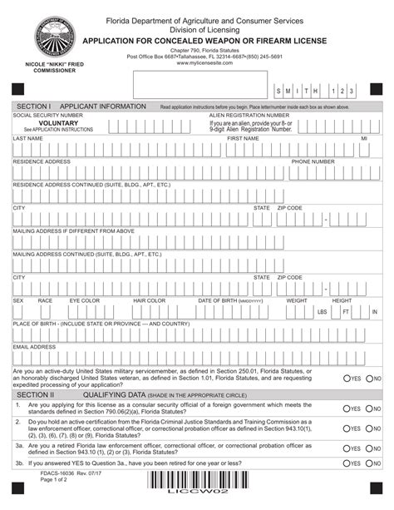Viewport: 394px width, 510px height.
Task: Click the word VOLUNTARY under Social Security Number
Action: (58, 122)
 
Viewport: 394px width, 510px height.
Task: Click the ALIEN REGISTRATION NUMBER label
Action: (249, 115)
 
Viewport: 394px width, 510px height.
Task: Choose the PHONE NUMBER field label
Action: (313, 161)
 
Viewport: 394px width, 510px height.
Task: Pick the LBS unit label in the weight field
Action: (322, 312)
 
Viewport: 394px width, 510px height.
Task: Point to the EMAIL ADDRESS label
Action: (34, 347)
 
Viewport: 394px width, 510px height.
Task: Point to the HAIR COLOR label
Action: (150, 300)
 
